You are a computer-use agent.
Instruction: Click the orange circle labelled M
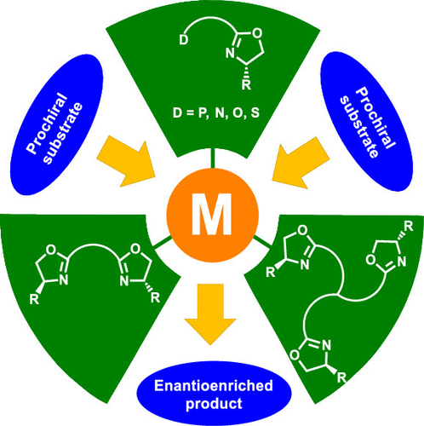click(x=212, y=215)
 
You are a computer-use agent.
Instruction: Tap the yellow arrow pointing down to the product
click(x=210, y=314)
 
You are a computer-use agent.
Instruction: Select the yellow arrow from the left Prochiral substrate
click(x=126, y=161)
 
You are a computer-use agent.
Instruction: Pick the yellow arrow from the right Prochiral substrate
click(x=301, y=163)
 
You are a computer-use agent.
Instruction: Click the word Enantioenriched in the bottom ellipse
click(x=214, y=386)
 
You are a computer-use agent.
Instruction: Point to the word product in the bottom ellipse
click(x=214, y=403)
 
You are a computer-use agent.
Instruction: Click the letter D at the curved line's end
click(x=184, y=40)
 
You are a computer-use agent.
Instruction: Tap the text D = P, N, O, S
click(x=216, y=113)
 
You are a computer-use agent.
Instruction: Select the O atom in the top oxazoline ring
click(x=257, y=33)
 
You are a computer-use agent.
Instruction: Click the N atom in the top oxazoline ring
click(x=230, y=54)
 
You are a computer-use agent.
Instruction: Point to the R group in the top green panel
click(x=246, y=85)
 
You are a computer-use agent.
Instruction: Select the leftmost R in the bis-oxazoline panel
click(x=34, y=300)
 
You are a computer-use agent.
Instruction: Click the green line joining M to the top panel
click(x=212, y=158)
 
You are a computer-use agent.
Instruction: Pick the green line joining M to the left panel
click(x=163, y=241)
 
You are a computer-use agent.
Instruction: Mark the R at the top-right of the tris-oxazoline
click(x=408, y=227)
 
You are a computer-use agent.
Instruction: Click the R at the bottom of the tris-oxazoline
click(x=341, y=378)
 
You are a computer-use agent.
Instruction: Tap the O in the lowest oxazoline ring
click(x=295, y=355)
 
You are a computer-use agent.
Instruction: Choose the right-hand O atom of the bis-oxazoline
click(x=135, y=249)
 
